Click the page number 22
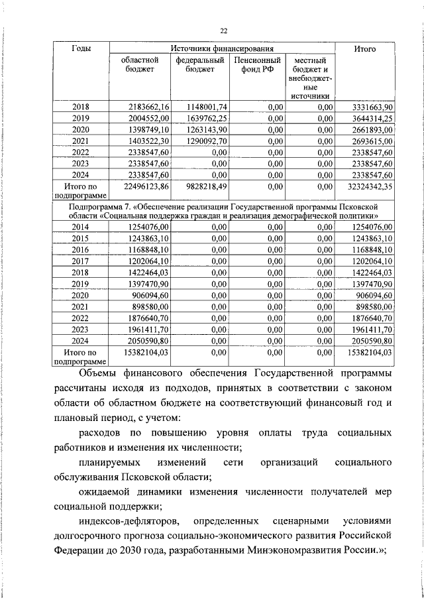coord(223,30)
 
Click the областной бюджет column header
coord(140,66)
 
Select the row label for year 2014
coord(81,227)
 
